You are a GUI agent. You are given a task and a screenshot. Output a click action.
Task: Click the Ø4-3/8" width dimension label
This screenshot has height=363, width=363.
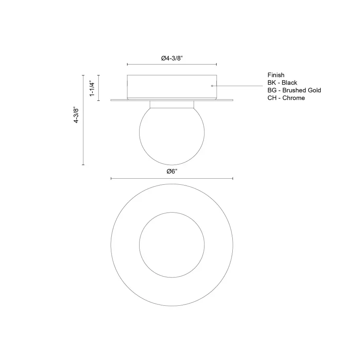(172, 58)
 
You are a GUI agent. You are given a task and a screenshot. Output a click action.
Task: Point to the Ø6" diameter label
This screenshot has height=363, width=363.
(172, 171)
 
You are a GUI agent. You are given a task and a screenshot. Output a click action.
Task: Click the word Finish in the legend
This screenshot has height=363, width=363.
(275, 75)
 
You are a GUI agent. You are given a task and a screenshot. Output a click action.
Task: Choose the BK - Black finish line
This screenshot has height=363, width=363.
(282, 83)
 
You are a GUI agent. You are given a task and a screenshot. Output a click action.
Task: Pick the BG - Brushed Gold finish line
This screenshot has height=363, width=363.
(294, 90)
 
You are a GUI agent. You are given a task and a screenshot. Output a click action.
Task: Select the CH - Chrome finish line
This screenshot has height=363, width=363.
(286, 98)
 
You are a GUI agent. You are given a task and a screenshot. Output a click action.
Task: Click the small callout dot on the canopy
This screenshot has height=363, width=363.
(213, 86)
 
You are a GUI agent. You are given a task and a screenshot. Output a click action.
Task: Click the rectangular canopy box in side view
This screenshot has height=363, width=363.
(172, 86)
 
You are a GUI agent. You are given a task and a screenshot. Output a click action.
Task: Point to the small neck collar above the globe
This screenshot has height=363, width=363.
(172, 104)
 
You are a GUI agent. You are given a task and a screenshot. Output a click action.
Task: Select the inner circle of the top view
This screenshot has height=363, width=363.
(172, 245)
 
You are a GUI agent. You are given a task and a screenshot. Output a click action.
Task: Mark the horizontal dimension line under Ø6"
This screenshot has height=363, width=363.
(172, 178)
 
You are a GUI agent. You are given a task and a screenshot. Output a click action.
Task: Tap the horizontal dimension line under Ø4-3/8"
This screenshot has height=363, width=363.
(172, 64)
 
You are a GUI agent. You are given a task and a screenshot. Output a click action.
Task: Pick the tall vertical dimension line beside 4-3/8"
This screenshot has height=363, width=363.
(83, 120)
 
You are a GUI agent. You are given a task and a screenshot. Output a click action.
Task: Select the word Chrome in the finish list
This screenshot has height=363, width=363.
(294, 98)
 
